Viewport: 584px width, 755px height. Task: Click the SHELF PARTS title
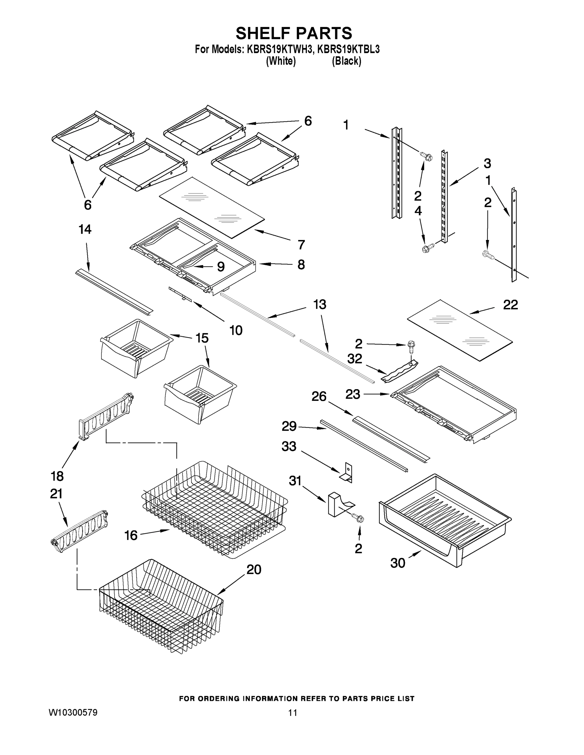click(294, 34)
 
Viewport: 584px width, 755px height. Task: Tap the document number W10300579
click(73, 713)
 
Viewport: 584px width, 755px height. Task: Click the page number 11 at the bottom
click(292, 713)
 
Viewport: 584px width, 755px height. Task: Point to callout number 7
click(301, 245)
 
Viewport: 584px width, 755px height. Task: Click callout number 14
click(85, 230)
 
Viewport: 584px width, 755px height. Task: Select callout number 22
click(510, 305)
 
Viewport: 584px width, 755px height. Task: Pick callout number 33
click(289, 446)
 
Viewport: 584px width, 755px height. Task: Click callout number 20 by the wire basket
click(254, 569)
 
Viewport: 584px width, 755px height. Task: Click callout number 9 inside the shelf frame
click(221, 266)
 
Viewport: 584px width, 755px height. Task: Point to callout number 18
click(57, 476)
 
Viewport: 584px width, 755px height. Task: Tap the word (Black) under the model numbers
click(346, 61)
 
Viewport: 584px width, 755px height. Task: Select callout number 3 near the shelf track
click(487, 163)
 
